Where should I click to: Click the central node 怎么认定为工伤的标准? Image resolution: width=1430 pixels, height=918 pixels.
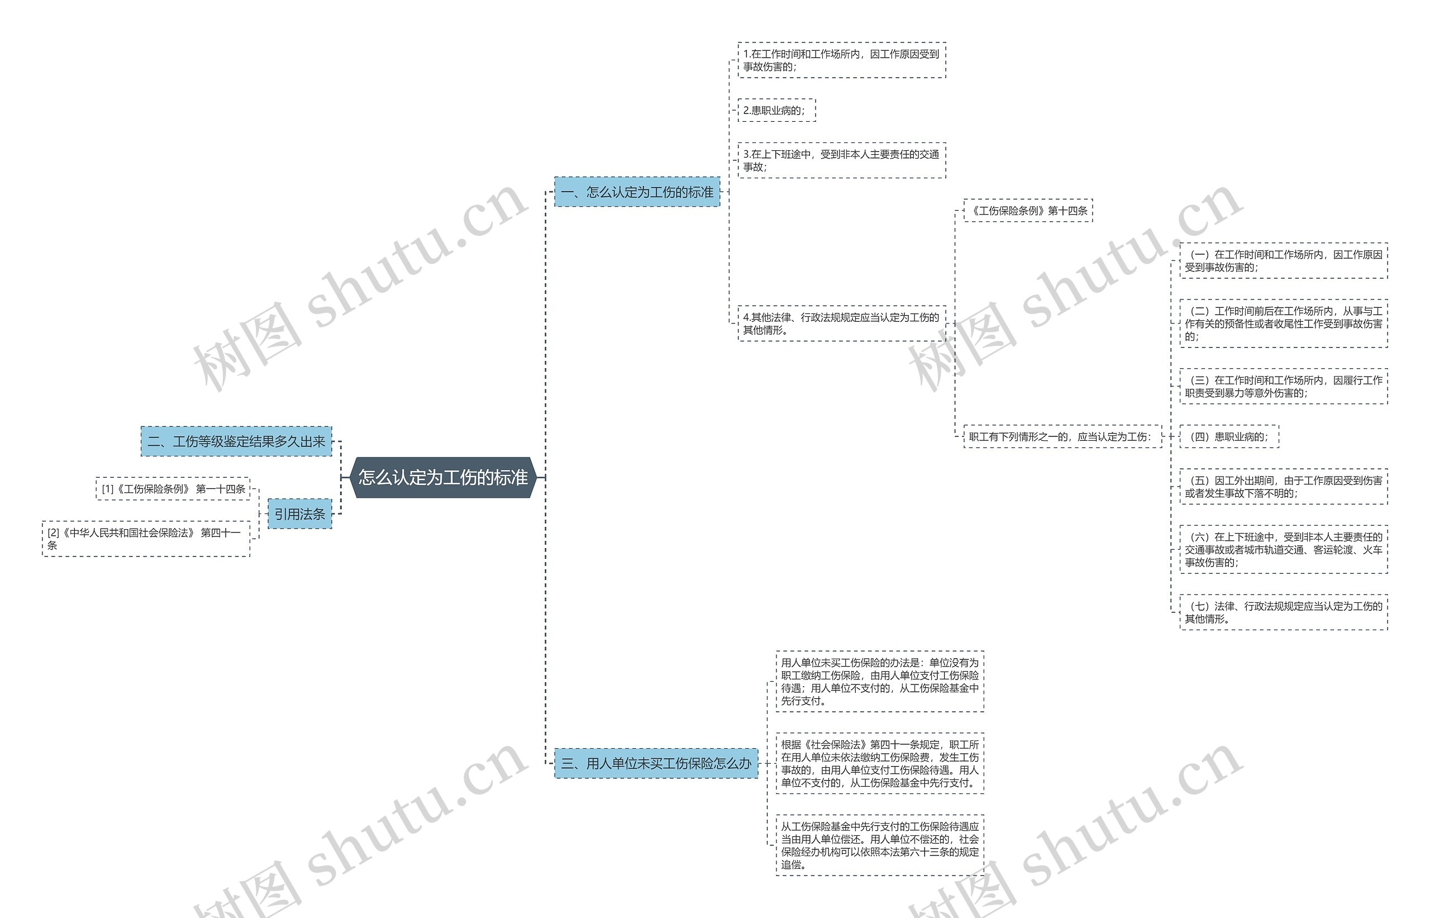coord(443,478)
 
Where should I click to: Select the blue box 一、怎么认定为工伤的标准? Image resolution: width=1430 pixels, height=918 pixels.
coord(637,192)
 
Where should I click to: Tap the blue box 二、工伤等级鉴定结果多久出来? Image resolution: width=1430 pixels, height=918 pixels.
coord(236,442)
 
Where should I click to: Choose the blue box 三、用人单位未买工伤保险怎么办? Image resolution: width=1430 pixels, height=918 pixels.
coord(656,763)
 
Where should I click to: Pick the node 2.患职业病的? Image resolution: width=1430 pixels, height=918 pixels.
coord(776,110)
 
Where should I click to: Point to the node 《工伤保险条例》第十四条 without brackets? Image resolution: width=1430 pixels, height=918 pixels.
coord(1028,211)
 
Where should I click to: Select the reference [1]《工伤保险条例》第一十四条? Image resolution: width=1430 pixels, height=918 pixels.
coord(173,489)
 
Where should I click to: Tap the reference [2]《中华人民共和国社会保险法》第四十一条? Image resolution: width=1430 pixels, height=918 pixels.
coord(146,539)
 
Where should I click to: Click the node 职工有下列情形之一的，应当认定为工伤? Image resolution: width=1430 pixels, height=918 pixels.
coord(1062,436)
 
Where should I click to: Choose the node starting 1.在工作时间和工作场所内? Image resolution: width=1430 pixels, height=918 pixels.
coord(841,60)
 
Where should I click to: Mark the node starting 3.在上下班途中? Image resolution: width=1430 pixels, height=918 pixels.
coord(841,160)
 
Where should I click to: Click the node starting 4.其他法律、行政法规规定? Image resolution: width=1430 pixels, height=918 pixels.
coord(841,324)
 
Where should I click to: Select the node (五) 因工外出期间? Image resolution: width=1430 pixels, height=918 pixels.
coord(1284,487)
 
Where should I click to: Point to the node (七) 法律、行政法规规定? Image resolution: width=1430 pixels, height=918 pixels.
coord(1284,612)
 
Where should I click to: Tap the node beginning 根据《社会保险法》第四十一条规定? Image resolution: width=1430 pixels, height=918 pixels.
coord(879,763)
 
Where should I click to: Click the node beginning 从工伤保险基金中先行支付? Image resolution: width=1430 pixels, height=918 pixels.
coord(879,845)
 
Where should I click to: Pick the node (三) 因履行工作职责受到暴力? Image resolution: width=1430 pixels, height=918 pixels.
coord(1284,386)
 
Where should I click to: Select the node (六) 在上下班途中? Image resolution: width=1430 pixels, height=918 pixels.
coord(1284,549)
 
